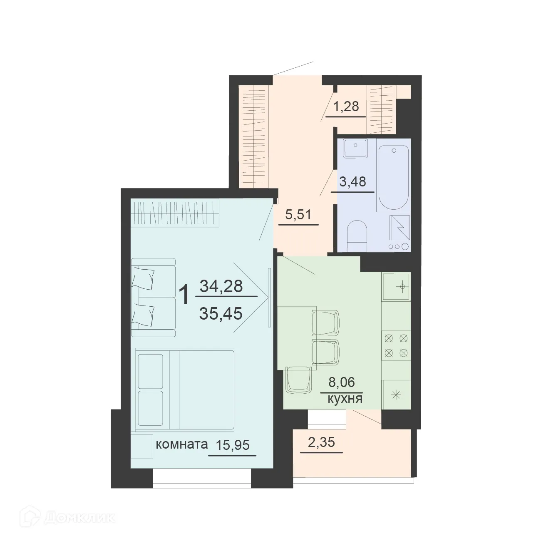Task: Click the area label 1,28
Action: coord(346,107)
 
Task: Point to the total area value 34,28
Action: coord(221,286)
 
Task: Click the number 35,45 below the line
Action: coord(221,313)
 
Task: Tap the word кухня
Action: coord(345,399)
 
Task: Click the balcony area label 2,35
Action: coord(321,442)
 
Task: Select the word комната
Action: coord(181,444)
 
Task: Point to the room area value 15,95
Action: coord(233,445)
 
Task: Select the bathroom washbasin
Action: coord(355,149)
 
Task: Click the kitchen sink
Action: coord(396,286)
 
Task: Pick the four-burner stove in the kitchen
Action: coord(396,345)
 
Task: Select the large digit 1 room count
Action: coord(184,295)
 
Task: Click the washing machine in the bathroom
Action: coord(399,233)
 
